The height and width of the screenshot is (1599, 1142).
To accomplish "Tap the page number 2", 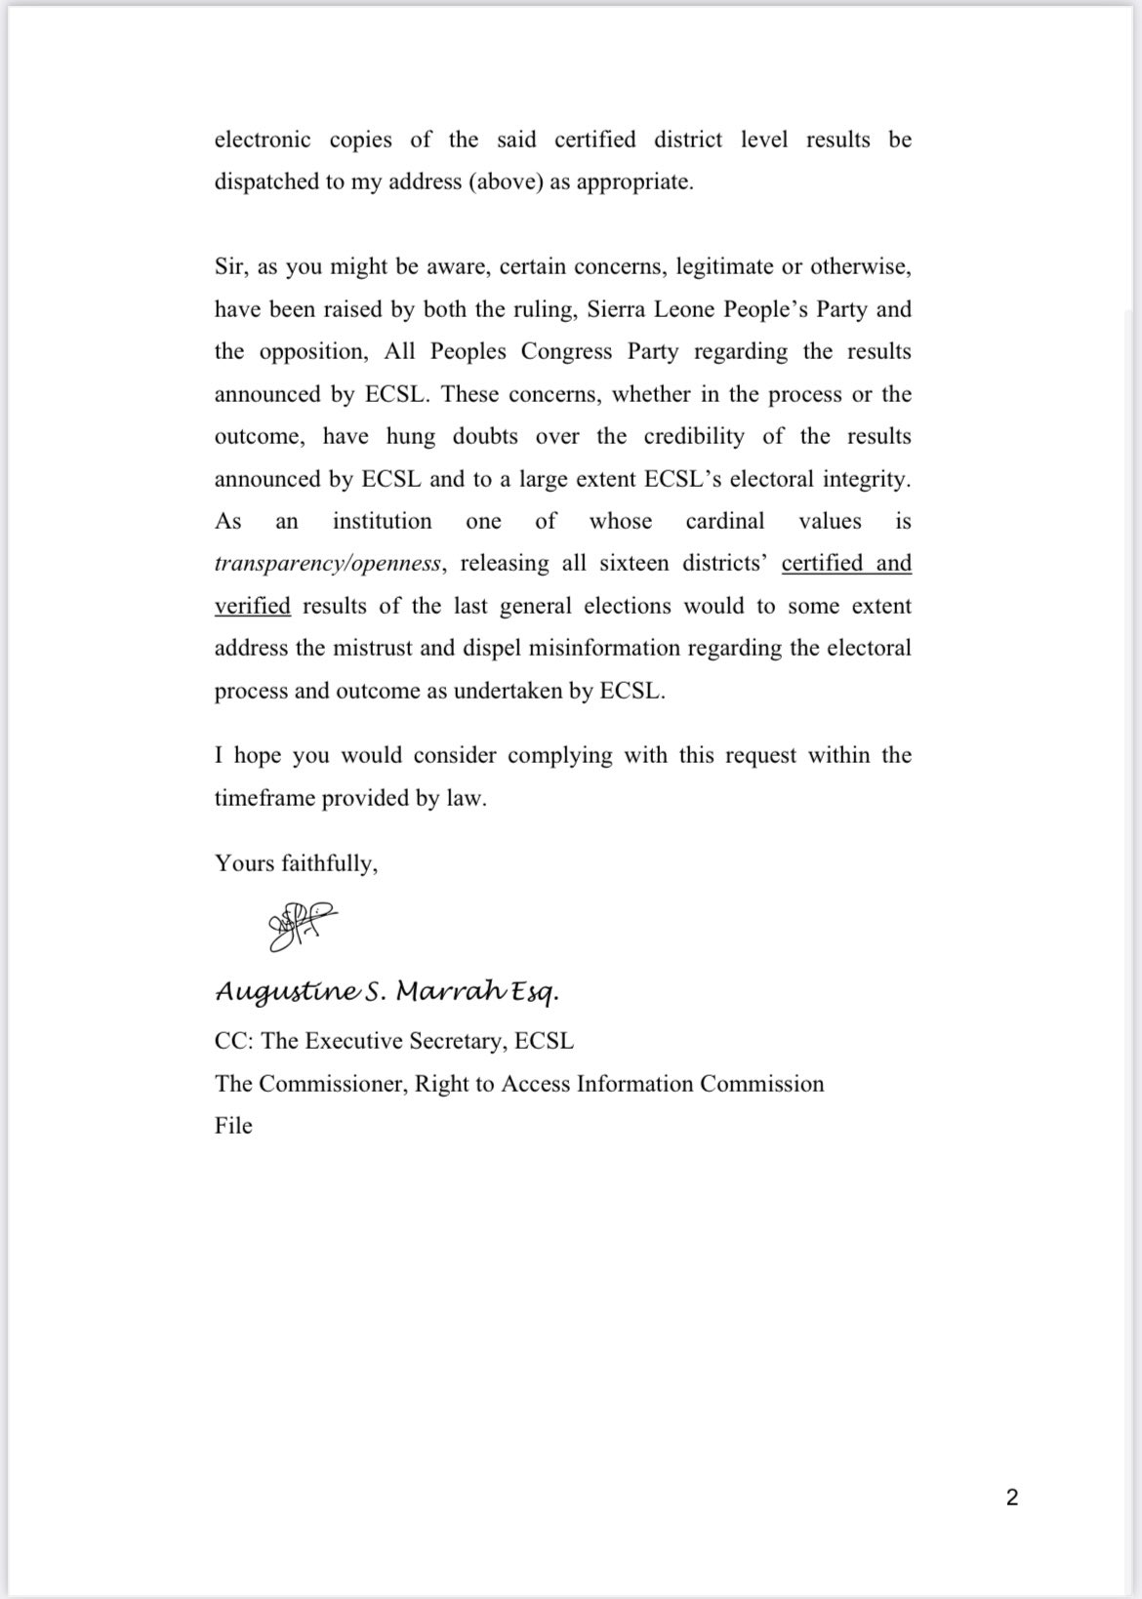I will (1012, 1497).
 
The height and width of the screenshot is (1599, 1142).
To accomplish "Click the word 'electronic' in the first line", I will (263, 140).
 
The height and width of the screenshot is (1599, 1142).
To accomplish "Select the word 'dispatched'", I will (266, 182).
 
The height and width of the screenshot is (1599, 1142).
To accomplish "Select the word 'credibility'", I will (693, 437).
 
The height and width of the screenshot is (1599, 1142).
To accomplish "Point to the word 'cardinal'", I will (725, 522).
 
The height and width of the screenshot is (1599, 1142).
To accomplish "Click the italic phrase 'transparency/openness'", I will (330, 564).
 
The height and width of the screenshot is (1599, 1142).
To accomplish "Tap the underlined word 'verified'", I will (253, 607).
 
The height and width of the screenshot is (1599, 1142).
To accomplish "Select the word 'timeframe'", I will (262, 798).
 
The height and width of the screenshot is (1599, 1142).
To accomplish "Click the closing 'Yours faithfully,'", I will (296, 863).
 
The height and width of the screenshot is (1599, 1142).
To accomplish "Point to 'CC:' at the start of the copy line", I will (234, 1041).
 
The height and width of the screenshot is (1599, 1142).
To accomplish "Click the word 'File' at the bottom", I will (233, 1126).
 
